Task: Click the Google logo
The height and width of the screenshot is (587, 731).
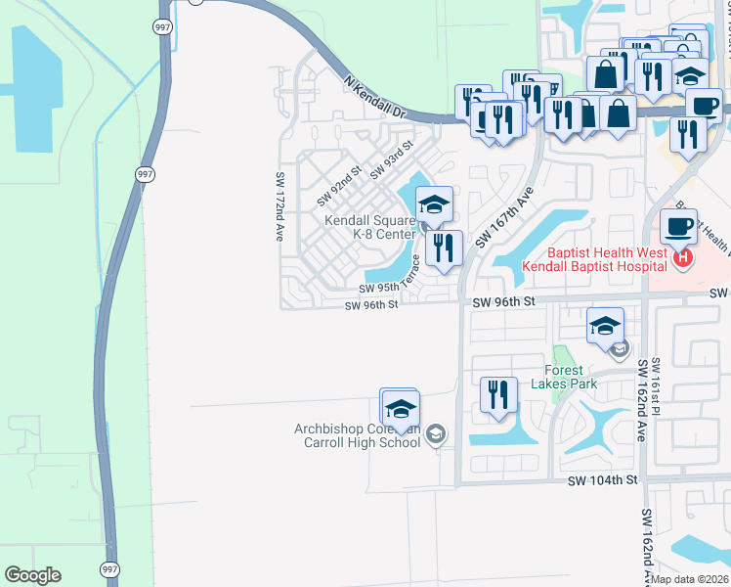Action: [32, 575]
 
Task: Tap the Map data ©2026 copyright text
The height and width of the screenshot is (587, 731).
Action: [690, 579]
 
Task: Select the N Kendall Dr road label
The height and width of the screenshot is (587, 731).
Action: [372, 98]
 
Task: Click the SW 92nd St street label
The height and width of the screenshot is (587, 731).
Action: [339, 185]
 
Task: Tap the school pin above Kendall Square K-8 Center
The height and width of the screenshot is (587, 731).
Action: [433, 204]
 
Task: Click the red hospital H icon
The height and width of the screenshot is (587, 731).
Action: [683, 259]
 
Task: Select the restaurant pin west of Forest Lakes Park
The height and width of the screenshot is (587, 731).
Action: [498, 395]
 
